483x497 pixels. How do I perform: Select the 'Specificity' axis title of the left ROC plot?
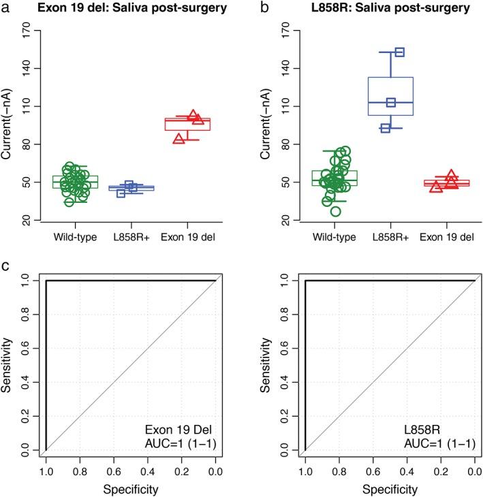click(x=131, y=489)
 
